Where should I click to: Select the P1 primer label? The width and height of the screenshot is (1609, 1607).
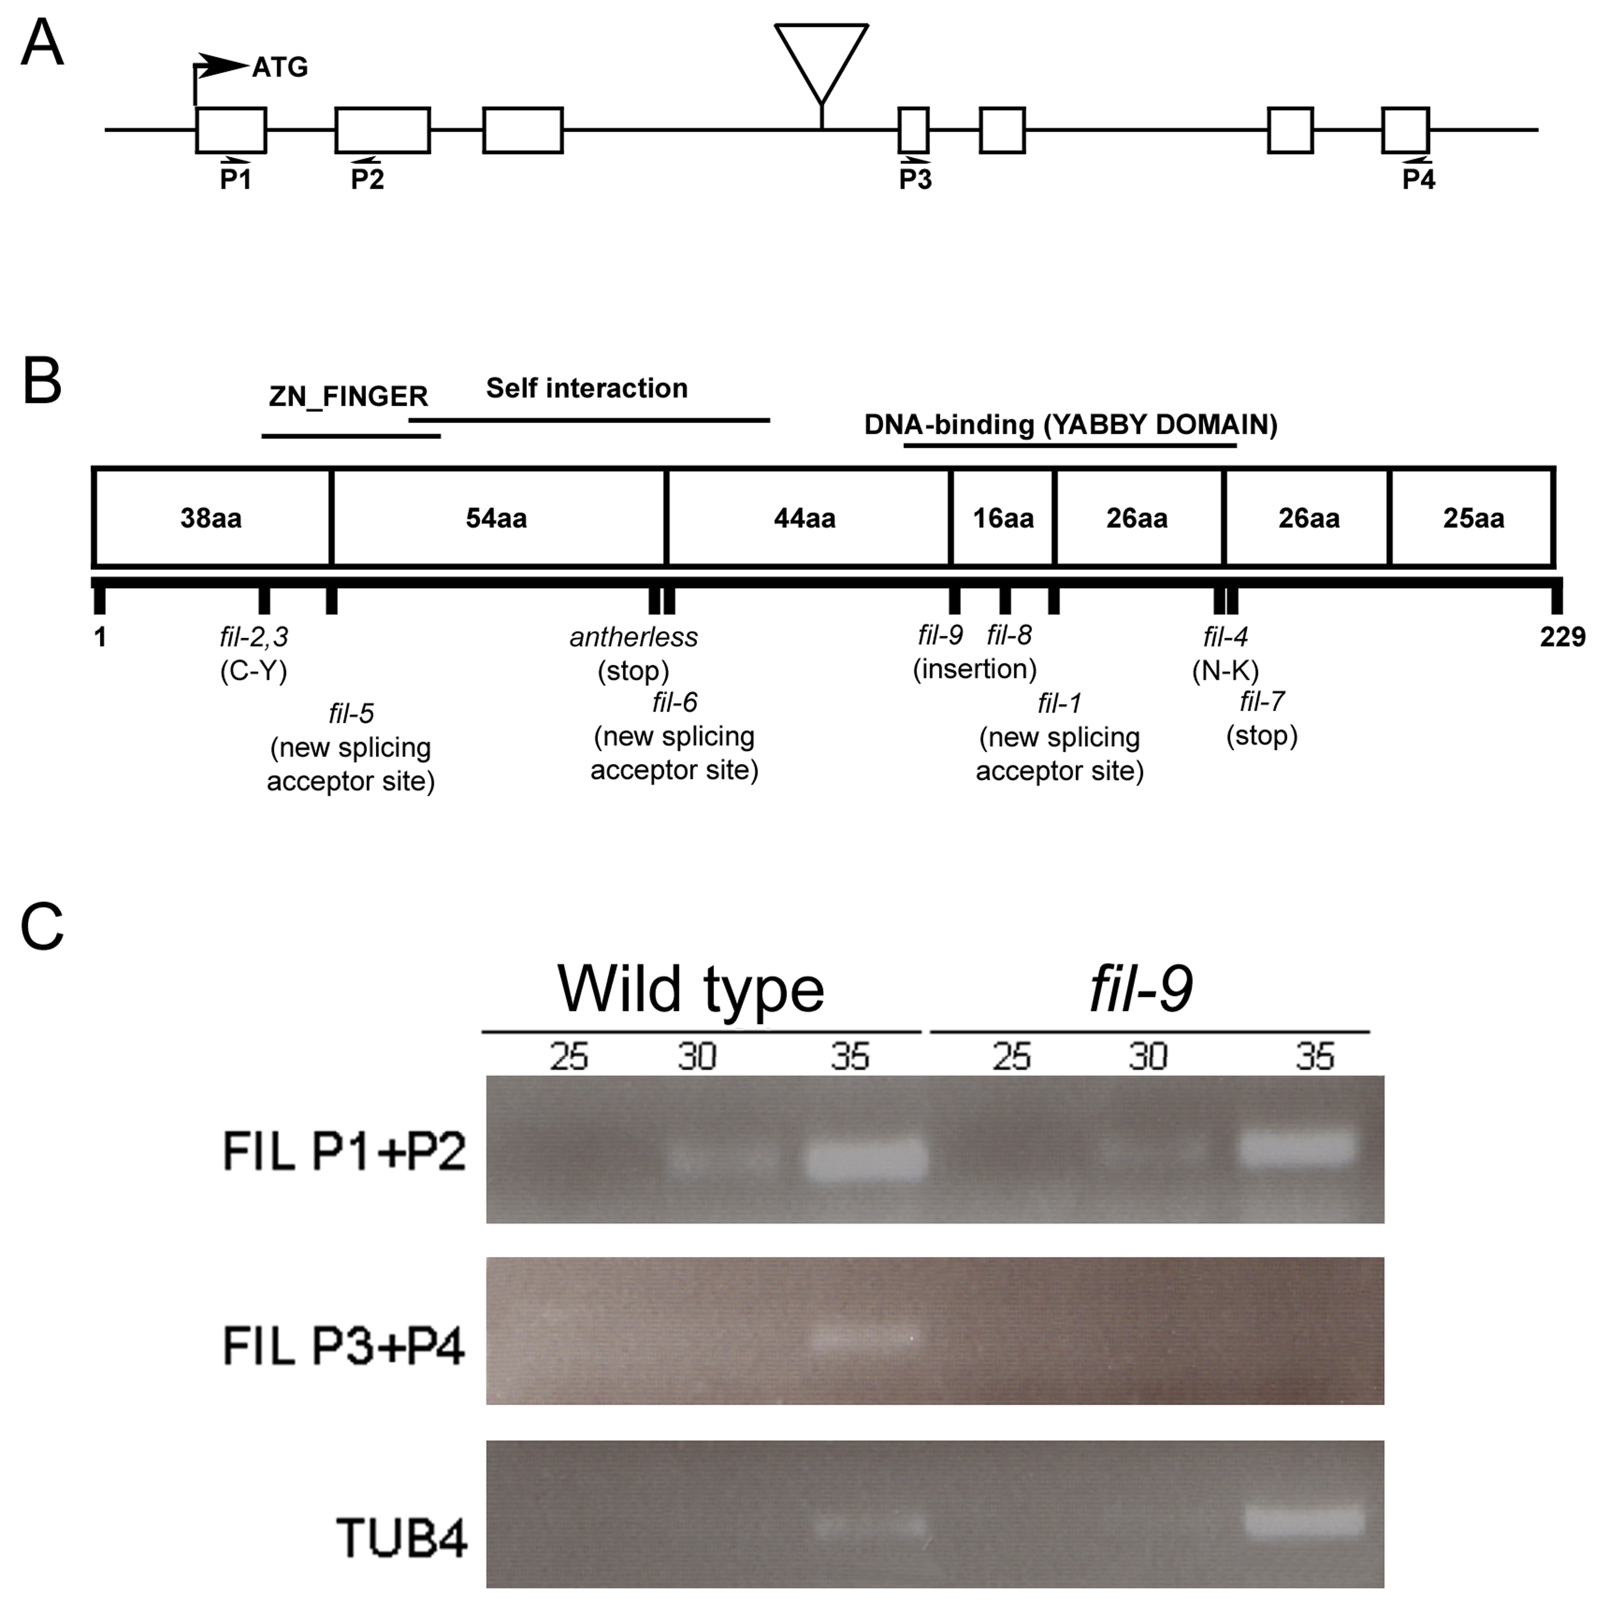pos(236,179)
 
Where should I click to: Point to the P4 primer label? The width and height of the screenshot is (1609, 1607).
pos(1418,179)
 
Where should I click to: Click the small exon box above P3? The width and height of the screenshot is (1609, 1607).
pos(914,130)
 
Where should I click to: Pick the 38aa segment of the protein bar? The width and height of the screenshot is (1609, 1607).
pos(211,518)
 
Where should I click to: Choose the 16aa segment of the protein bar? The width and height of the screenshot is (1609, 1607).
pos(1003,518)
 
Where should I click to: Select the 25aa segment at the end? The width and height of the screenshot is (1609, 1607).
pos(1472,518)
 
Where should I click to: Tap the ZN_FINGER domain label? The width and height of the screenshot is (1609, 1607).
pos(348,396)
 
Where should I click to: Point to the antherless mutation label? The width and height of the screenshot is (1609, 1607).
pos(634,637)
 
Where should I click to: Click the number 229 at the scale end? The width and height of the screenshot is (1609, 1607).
pos(1562,637)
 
